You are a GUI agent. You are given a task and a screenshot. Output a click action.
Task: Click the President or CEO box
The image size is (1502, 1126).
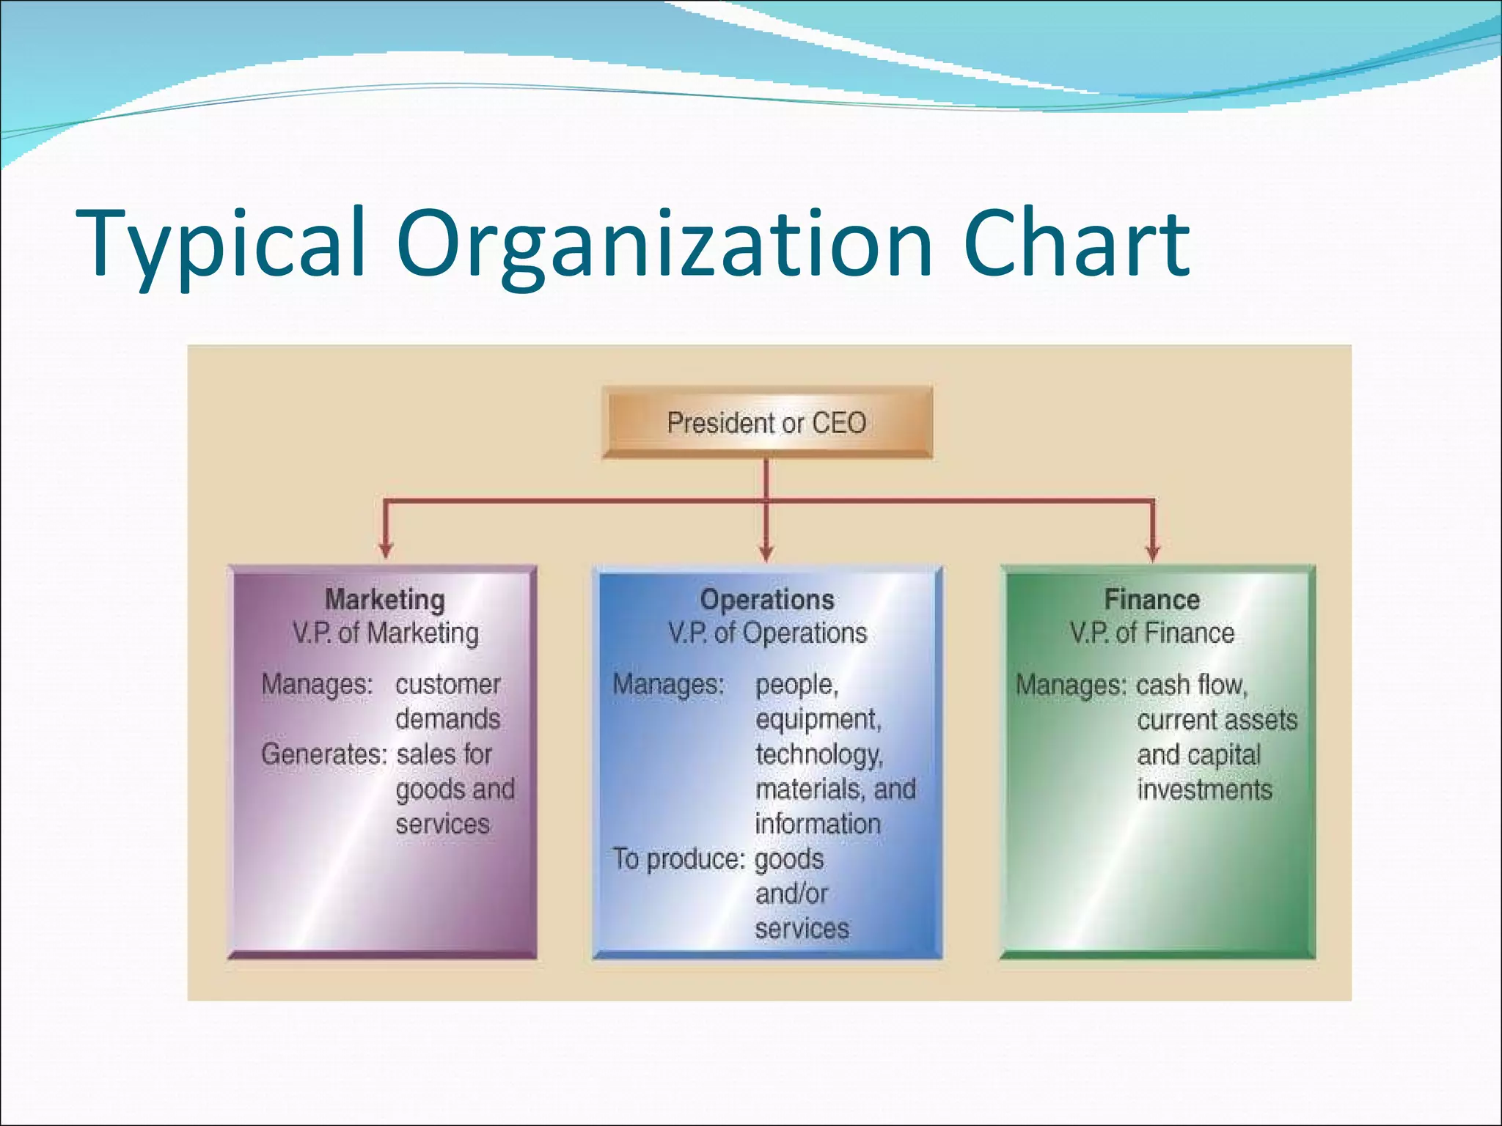point(766,423)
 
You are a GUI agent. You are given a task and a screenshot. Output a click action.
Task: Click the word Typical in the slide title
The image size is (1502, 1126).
point(220,243)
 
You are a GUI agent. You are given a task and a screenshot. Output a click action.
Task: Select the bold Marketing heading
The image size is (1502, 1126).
point(385,600)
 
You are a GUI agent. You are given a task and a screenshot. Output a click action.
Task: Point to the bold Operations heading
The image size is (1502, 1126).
point(767,600)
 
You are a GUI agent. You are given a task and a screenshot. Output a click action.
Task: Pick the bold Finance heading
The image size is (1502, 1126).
point(1152,600)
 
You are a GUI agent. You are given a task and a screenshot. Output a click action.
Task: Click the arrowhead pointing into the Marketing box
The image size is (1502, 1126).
point(386,550)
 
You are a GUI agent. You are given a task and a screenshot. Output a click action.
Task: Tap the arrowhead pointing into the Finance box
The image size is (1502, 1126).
point(1153,550)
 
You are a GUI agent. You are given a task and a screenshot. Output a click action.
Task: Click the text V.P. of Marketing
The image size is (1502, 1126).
point(386,633)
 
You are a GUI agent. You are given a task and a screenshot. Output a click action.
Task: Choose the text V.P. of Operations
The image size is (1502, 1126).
point(767,633)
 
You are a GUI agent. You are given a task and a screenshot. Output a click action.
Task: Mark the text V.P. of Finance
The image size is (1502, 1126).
point(1152,633)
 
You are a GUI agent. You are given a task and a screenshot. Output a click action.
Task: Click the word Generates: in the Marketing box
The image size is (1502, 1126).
point(323,754)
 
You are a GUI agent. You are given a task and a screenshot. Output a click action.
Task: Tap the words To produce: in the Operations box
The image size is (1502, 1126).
point(678,859)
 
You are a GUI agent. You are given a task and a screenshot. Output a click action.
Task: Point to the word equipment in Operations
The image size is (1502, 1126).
point(818,720)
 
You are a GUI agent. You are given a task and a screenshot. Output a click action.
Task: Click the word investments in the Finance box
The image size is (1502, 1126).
point(1204,790)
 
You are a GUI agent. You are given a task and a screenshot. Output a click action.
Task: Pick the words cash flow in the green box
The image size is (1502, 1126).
point(1191,685)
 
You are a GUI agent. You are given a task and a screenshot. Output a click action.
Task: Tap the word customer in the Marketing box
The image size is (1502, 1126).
point(447,685)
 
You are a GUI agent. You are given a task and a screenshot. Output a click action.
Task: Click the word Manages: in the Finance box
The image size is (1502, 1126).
point(1071,685)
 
